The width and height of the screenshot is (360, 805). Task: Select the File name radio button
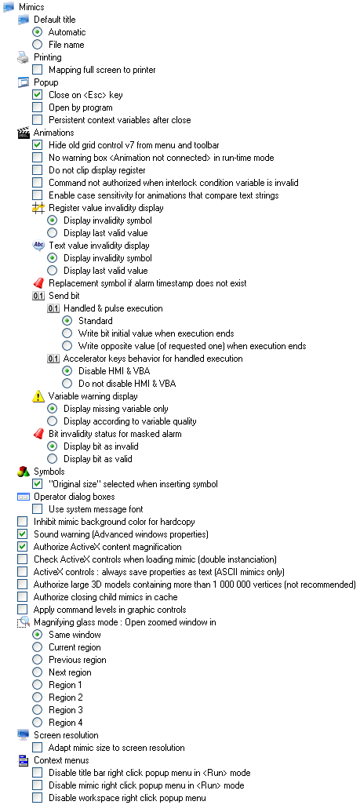pos(38,45)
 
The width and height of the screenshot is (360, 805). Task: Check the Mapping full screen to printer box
pos(38,70)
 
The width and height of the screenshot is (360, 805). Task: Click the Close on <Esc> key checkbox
pos(38,95)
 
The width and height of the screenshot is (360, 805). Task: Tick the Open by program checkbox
pos(38,107)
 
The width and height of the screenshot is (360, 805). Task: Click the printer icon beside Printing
pos(23,57)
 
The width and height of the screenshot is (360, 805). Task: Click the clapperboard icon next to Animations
pos(23,133)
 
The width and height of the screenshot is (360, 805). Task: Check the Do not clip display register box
pos(38,170)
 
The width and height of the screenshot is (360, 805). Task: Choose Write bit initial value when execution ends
pos(67,333)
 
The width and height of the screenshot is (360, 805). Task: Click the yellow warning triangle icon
pos(38,396)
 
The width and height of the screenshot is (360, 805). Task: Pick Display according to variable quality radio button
pos(53,421)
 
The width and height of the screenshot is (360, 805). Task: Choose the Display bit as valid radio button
pos(53,459)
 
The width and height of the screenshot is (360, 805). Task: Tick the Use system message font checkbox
pos(38,509)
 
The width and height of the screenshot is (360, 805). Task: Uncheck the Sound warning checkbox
pos(23,534)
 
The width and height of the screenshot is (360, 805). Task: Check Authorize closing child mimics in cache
pos(23,597)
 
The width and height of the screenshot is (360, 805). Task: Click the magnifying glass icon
pos(24,622)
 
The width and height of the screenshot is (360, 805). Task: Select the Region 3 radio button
pos(38,710)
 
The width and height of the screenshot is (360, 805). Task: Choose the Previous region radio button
pos(38,660)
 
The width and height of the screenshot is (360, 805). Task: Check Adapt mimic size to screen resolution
pos(38,748)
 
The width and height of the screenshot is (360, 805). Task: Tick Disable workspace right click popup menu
pos(38,798)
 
